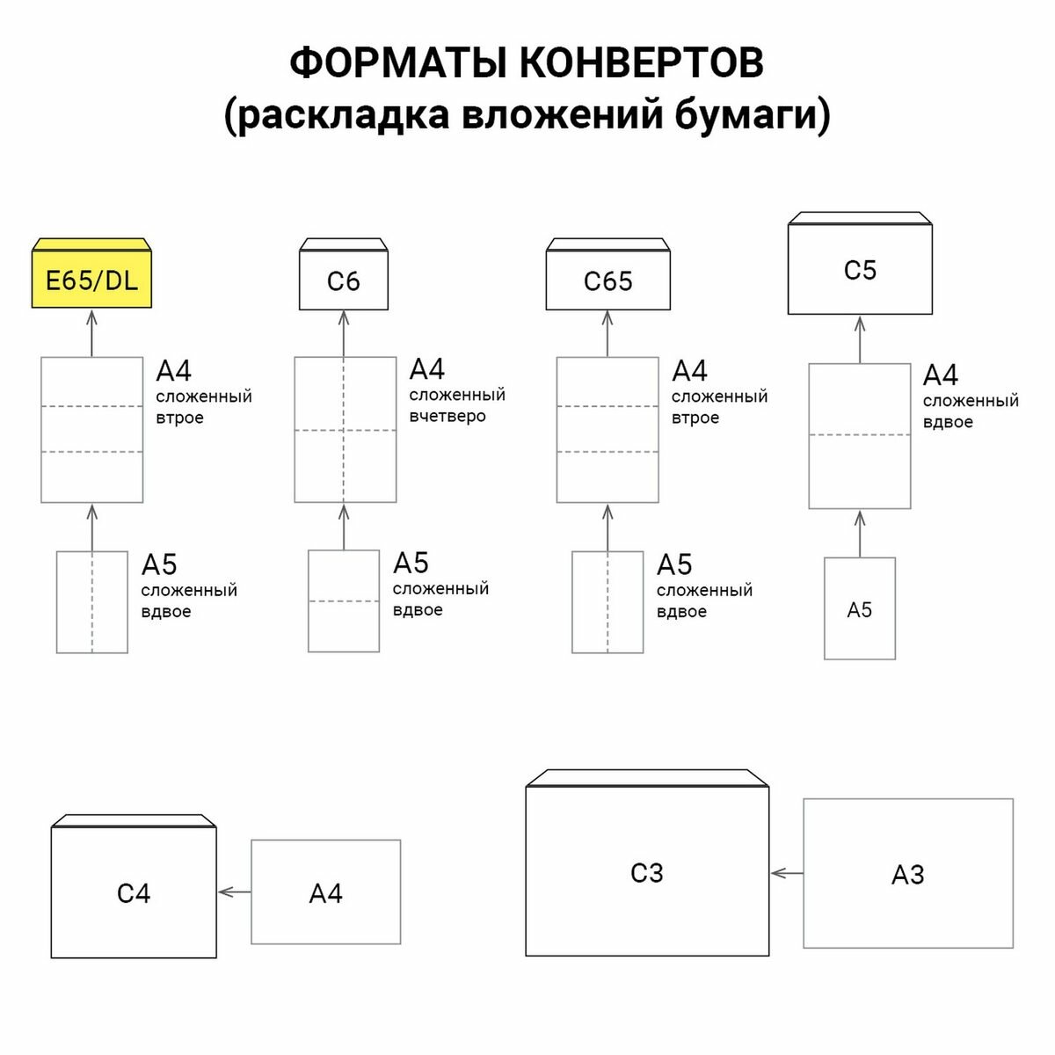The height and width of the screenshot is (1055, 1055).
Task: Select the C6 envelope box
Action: [x=343, y=280]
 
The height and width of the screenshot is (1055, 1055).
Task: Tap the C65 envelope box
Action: [x=608, y=280]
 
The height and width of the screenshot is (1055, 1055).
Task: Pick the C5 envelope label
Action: [x=860, y=270]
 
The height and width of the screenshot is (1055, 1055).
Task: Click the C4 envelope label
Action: [x=134, y=893]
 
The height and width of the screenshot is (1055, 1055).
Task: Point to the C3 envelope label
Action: [x=647, y=873]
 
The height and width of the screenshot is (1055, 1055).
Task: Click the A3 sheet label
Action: [x=908, y=875]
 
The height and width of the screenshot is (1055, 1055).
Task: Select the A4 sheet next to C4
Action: [x=325, y=892]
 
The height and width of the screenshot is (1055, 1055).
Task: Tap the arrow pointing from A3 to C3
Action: [x=787, y=873]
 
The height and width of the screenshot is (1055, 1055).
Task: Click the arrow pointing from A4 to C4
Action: [x=234, y=891]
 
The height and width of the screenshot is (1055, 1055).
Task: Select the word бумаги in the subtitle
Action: [x=752, y=115]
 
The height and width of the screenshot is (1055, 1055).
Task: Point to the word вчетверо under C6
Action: [x=447, y=417]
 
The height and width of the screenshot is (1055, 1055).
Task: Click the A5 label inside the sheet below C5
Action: [x=859, y=610]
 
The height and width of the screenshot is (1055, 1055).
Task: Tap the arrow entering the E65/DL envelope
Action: [x=91, y=332]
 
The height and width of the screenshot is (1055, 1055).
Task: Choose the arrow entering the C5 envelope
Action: [x=860, y=338]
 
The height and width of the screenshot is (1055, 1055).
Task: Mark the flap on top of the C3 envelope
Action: [x=647, y=779]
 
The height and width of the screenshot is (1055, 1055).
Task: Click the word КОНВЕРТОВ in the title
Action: [x=641, y=63]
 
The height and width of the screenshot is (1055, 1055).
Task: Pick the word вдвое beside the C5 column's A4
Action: [x=948, y=422]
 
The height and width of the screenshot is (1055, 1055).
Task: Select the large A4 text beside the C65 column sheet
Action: [x=689, y=370]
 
